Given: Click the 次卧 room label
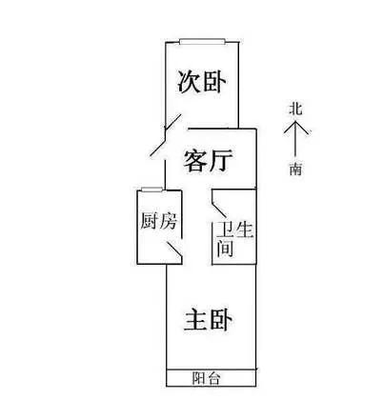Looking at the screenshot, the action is [x=202, y=82].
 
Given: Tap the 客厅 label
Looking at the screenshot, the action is [x=208, y=161].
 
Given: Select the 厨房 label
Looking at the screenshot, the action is [x=158, y=220].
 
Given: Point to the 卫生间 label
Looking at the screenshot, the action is [x=234, y=239].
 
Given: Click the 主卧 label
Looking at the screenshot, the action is [x=208, y=320].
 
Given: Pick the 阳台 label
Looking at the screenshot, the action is [x=206, y=378].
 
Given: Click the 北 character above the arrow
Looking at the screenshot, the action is [x=295, y=109].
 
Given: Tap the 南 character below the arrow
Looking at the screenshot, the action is [x=295, y=169].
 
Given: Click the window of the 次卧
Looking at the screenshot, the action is [x=202, y=42].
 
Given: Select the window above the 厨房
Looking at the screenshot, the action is [x=152, y=190].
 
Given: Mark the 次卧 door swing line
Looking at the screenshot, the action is [x=173, y=122].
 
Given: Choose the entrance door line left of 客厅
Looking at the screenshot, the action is [x=158, y=148].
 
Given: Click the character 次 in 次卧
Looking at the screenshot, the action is [x=189, y=82].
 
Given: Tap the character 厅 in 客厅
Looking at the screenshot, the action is [x=221, y=161].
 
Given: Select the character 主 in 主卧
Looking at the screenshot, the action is [x=195, y=320].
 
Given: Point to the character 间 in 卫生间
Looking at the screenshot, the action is [x=225, y=249].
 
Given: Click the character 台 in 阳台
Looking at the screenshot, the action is [x=213, y=378].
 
